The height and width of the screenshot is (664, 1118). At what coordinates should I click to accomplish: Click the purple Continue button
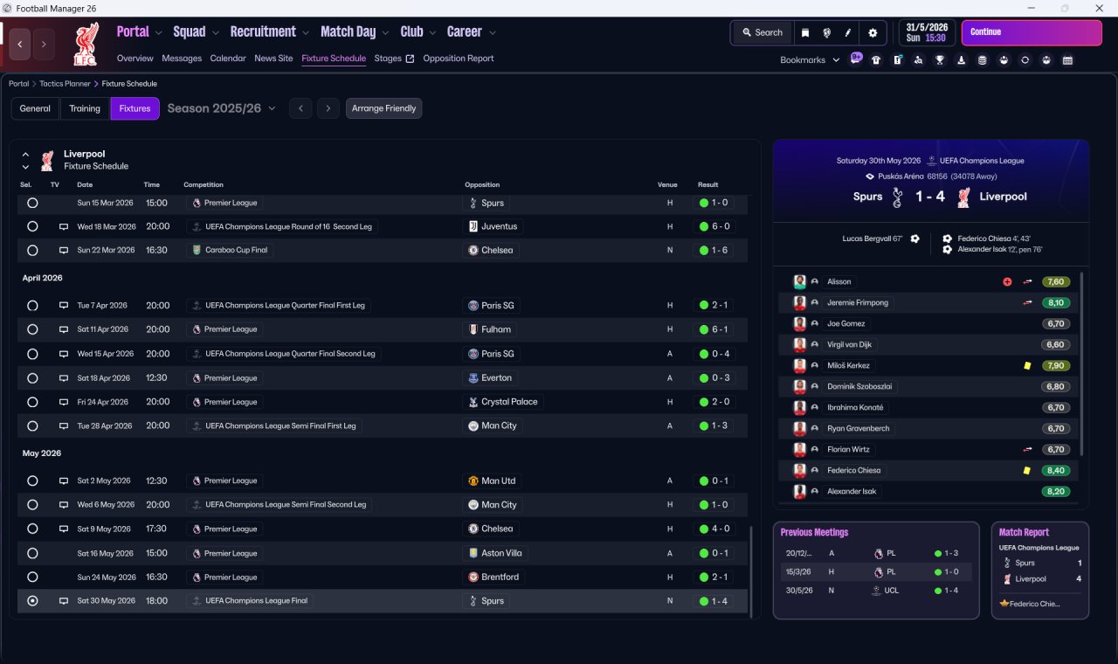click(1031, 32)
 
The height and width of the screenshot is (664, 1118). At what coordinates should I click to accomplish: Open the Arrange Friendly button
click(383, 108)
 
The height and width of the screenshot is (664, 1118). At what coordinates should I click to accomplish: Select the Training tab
click(85, 108)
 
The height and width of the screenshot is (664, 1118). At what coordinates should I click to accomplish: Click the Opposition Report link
click(458, 59)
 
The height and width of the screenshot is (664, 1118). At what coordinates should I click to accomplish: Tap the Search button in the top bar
click(762, 32)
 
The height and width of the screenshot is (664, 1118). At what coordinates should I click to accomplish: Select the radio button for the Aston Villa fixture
click(32, 553)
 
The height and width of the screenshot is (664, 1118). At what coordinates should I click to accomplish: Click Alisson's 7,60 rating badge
click(1055, 281)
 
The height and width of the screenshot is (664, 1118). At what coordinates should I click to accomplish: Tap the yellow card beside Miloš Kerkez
click(1027, 365)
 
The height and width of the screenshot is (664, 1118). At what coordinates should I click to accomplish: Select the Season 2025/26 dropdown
click(221, 108)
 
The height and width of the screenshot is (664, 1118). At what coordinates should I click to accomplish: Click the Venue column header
click(667, 185)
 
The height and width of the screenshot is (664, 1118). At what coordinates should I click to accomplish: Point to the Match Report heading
click(1024, 532)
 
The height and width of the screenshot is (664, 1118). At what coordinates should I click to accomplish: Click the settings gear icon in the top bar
click(872, 32)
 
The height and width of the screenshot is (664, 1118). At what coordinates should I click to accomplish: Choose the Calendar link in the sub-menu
click(228, 59)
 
